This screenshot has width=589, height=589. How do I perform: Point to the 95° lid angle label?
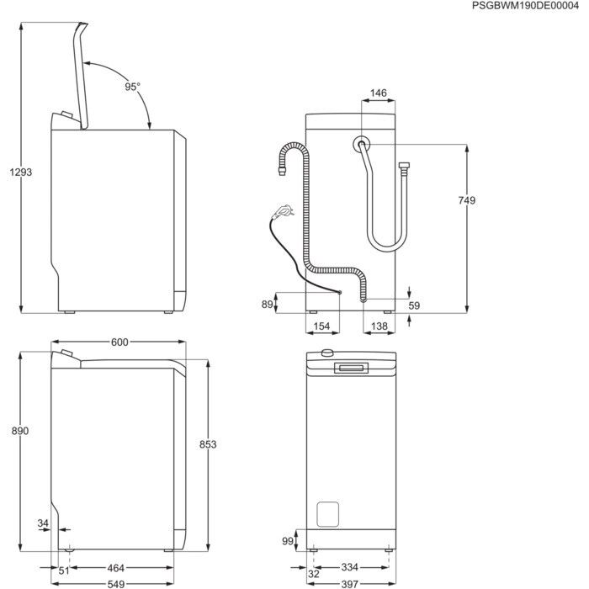point(133,87)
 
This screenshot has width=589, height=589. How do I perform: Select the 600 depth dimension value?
point(119,342)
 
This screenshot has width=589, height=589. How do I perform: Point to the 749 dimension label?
point(468,200)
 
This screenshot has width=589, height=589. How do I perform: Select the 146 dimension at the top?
point(378,93)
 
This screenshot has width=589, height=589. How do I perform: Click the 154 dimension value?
point(321,326)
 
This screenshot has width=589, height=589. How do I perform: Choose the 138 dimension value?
point(379,326)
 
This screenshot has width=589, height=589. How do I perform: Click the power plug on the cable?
point(284,210)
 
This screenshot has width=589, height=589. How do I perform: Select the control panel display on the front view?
point(351,368)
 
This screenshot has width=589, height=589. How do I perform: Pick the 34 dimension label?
point(43,525)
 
